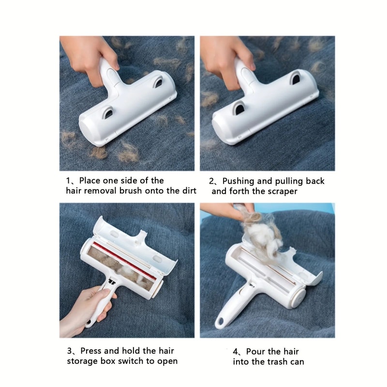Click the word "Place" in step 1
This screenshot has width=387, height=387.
[x=90, y=181]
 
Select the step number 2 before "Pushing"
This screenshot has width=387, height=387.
[x=212, y=181]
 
